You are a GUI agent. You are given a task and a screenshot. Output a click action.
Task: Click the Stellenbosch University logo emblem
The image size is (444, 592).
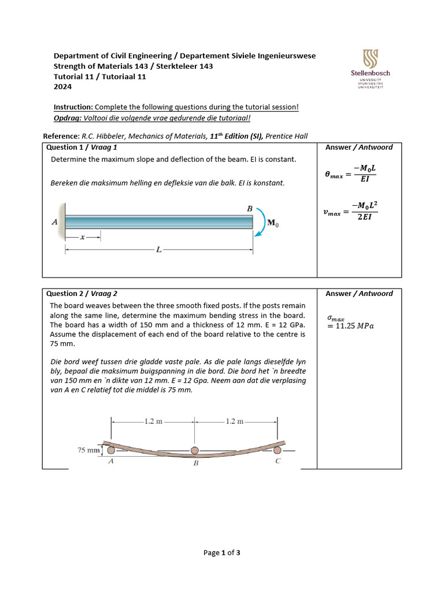click(371, 58)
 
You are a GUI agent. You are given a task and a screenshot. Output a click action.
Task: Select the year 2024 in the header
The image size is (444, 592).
click(63, 87)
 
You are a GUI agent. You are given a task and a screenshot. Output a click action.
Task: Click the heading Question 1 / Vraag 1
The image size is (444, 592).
click(82, 147)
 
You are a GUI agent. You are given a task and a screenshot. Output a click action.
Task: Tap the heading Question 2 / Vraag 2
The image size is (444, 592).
click(82, 294)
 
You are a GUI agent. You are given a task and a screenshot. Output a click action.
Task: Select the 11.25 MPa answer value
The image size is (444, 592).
click(351, 326)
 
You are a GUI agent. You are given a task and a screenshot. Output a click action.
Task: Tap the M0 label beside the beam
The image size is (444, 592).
click(272, 223)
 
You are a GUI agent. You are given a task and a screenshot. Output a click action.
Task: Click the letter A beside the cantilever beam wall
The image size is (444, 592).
click(54, 222)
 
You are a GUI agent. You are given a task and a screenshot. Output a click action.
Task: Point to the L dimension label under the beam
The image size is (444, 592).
click(158, 250)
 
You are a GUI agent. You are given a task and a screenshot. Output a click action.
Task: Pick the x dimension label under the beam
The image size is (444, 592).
click(83, 236)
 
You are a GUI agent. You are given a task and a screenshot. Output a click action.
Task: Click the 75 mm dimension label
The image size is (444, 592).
click(89, 450)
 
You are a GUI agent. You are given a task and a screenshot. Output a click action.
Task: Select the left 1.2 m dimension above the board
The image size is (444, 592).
click(153, 421)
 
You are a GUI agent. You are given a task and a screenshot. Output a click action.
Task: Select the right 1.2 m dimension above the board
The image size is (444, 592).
click(236, 421)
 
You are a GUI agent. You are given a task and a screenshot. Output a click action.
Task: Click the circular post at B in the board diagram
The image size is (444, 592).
click(195, 450)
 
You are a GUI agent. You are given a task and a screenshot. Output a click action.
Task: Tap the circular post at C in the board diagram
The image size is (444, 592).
click(278, 450)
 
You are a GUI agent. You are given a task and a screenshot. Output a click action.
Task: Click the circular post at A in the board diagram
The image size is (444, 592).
click(112, 450)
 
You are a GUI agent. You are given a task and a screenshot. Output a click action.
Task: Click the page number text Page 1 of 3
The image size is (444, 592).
click(222, 553)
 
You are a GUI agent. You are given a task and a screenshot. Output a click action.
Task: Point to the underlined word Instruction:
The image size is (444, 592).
click(73, 108)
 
